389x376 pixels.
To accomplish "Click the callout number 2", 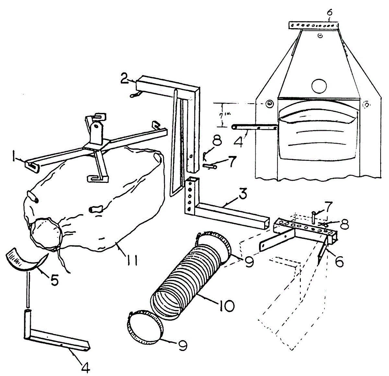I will [124, 79].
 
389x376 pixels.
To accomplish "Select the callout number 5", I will [54, 280].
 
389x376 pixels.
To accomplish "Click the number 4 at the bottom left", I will [85, 367].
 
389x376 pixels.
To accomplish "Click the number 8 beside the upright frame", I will [217, 141].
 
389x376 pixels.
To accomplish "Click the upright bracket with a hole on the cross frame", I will [96, 130].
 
